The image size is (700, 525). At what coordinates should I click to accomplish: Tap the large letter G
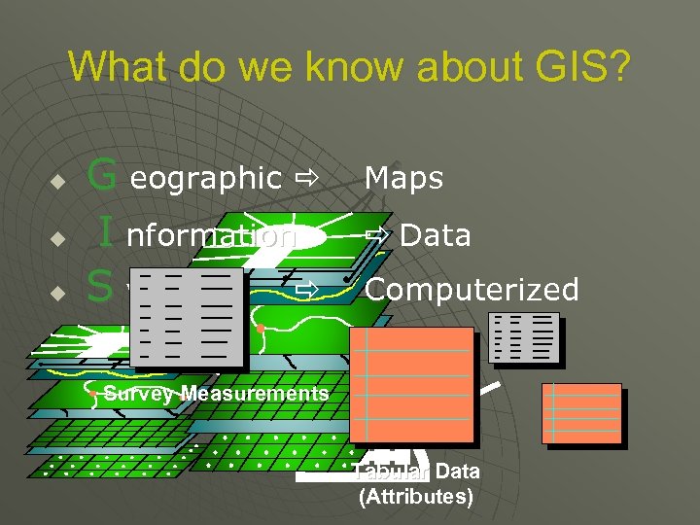pyautogui.click(x=102, y=176)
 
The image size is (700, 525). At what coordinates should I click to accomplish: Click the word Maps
pyautogui.click(x=403, y=178)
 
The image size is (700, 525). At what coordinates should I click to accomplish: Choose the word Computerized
pyautogui.click(x=472, y=290)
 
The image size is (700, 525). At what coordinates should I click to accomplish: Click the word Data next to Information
pyautogui.click(x=435, y=235)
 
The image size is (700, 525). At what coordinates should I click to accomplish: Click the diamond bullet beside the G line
pyautogui.click(x=57, y=182)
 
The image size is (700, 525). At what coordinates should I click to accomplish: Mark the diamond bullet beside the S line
pyautogui.click(x=57, y=293)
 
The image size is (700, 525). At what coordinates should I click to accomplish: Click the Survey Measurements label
pyautogui.click(x=216, y=394)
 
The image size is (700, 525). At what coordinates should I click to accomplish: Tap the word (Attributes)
pyautogui.click(x=416, y=498)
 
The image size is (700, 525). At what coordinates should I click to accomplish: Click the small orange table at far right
pyautogui.click(x=581, y=413)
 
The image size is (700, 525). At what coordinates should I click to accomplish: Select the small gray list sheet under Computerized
pyautogui.click(x=524, y=337)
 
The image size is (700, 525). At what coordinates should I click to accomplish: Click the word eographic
pyautogui.click(x=204, y=178)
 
